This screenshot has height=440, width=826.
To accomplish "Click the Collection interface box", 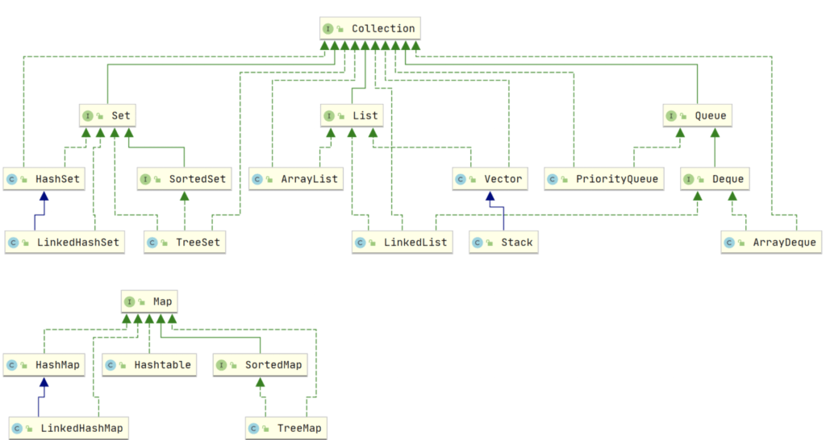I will pyautogui.click(x=369, y=29).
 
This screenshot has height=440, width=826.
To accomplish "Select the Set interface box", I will pyautogui.click(x=106, y=116).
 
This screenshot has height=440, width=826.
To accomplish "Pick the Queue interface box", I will pyautogui.click(x=697, y=116).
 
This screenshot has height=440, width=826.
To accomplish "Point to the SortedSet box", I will pyautogui.click(x=184, y=179).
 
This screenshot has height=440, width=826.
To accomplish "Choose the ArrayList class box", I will pyautogui.click(x=294, y=179).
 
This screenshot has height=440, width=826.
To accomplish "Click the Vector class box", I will pyautogui.click(x=489, y=179).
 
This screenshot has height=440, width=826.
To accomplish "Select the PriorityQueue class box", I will pyautogui.click(x=603, y=179).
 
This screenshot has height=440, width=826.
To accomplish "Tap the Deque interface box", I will pyautogui.click(x=714, y=179).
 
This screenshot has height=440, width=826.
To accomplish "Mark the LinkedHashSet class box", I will pyautogui.click(x=64, y=242).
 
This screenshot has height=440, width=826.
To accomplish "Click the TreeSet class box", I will pyautogui.click(x=185, y=242).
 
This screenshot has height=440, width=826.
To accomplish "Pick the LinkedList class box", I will pyautogui.click(x=403, y=242).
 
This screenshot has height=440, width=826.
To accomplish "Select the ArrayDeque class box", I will pyautogui.click(x=770, y=242).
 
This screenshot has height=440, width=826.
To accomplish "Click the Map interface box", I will pyautogui.click(x=149, y=302).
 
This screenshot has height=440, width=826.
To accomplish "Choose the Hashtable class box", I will pyautogui.click(x=149, y=365).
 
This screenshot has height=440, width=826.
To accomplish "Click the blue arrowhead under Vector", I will pyautogui.click(x=489, y=196).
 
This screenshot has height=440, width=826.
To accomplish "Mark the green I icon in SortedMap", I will pyautogui.click(x=223, y=365).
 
